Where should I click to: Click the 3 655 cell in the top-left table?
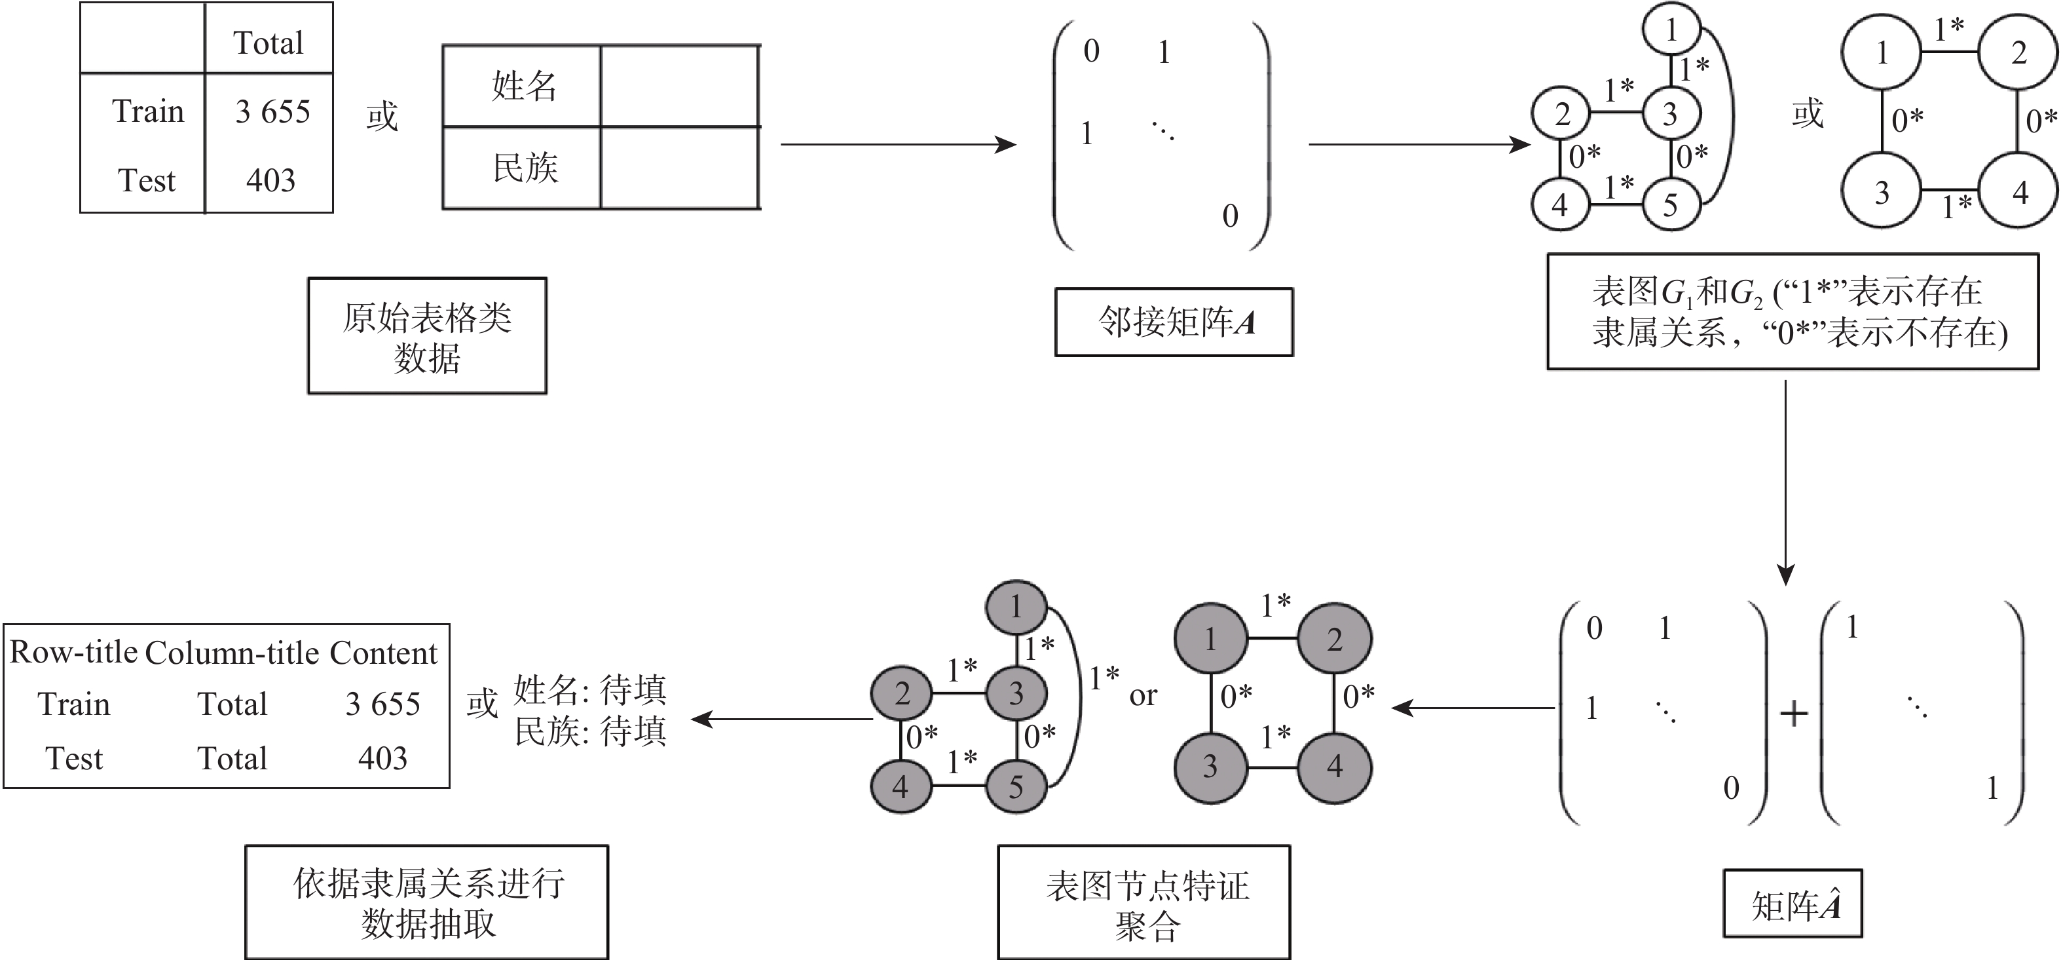(x=272, y=111)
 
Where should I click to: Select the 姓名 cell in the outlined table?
(x=524, y=86)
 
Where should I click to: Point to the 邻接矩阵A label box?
(x=1174, y=322)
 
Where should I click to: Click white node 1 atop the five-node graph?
(x=1671, y=30)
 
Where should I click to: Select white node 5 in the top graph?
(x=1671, y=205)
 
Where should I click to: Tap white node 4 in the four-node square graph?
(x=2019, y=192)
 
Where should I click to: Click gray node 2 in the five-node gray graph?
(x=902, y=693)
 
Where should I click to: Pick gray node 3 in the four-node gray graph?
(x=1210, y=767)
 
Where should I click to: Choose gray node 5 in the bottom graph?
(x=1016, y=786)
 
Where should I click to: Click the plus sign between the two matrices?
(x=1794, y=712)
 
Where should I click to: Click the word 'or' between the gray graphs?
(x=1143, y=695)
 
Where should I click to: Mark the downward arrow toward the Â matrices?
(x=1785, y=481)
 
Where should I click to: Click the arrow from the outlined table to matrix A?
(x=897, y=144)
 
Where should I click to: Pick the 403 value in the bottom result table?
(x=383, y=758)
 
